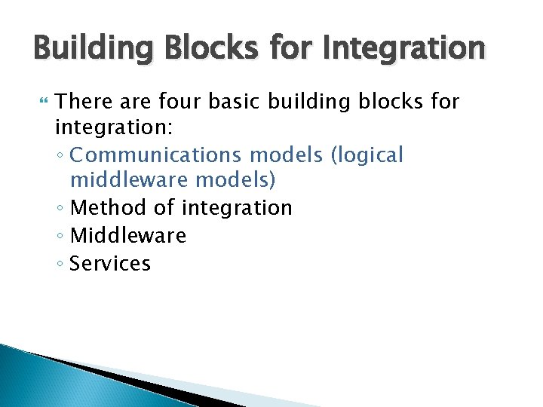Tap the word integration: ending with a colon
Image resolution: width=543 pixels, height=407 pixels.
[114, 128]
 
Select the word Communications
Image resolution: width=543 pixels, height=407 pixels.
[157, 155]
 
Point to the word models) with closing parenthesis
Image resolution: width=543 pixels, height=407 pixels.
[235, 182]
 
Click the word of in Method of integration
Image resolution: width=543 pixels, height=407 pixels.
[164, 209]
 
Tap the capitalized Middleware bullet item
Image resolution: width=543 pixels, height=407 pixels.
[127, 236]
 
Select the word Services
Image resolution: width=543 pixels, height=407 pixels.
[110, 263]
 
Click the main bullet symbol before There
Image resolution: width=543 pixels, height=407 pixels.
[41, 100]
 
